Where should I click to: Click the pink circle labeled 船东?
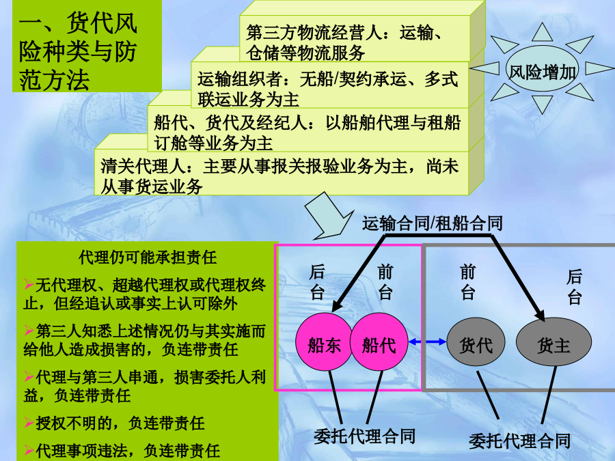[324, 342]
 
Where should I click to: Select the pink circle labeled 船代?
[379, 342]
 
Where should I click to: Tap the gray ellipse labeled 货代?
[476, 342]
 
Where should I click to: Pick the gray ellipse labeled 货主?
[553, 342]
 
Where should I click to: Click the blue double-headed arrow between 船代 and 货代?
[427, 342]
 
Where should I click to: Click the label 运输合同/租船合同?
[433, 223]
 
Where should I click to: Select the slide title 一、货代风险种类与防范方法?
[78, 51]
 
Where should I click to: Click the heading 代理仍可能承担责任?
[148, 258]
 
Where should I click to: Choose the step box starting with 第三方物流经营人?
[355, 38]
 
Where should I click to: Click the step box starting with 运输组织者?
[330, 84]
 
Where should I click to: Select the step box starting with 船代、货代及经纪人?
[308, 129]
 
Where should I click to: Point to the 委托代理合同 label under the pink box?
[364, 436]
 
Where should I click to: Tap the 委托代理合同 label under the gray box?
[520, 441]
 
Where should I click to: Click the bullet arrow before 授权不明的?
[29, 423]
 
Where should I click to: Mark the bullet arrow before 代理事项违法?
[29, 449]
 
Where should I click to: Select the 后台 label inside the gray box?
[574, 287]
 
